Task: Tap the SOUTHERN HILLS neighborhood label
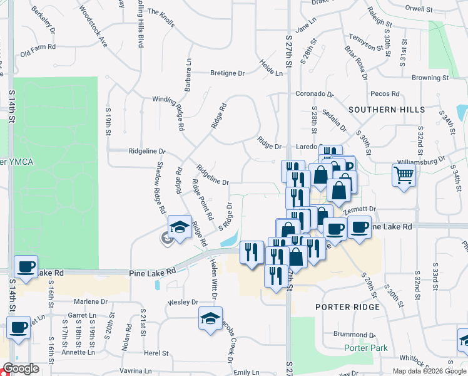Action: click(387, 110)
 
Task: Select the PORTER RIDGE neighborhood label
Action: click(347, 307)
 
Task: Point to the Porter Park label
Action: click(365, 348)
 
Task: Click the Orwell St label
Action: click(436, 9)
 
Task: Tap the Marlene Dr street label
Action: click(88, 301)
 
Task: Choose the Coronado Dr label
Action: click(315, 94)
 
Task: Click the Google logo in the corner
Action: click(21, 368)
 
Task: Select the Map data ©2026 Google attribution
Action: click(429, 371)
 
